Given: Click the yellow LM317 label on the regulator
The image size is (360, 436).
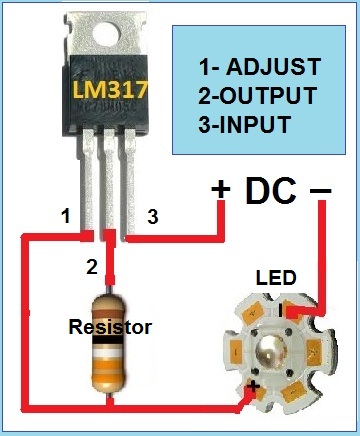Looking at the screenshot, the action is pyautogui.click(x=110, y=90).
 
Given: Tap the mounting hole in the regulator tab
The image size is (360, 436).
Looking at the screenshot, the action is pyautogui.click(x=106, y=34).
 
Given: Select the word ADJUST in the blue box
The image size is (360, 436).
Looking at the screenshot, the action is pyautogui.click(x=273, y=66).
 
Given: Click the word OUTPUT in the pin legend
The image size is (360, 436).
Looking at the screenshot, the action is pyautogui.click(x=268, y=95).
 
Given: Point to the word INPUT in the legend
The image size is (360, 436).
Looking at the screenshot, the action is pyautogui.click(x=255, y=124).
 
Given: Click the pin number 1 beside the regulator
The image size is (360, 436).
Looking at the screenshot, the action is pyautogui.click(x=66, y=216).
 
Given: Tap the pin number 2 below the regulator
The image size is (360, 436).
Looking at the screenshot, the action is pyautogui.click(x=92, y=267).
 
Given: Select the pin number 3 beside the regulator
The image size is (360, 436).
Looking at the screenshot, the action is pyautogui.click(x=153, y=217).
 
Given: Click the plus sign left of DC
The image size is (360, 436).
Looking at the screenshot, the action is pyautogui.click(x=221, y=189).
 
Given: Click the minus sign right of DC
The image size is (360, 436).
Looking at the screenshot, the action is pyautogui.click(x=321, y=191).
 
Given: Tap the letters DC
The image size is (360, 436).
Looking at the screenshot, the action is pyautogui.click(x=271, y=190).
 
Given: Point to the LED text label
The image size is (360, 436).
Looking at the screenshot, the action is pyautogui.click(x=276, y=278).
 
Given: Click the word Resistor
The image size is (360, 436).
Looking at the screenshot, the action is pyautogui.click(x=110, y=327).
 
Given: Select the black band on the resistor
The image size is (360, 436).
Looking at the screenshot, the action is pyautogui.click(x=109, y=340).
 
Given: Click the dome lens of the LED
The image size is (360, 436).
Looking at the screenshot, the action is pyautogui.click(x=272, y=351).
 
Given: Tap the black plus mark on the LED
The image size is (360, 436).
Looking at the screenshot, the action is pyautogui.click(x=253, y=387).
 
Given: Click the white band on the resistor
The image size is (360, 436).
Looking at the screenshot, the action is pyautogui.click(x=109, y=354).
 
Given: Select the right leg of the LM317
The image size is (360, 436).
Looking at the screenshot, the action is pyautogui.click(x=130, y=184).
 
